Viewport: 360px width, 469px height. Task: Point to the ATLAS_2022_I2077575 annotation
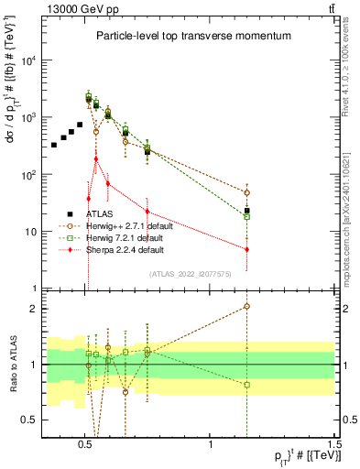[x=190, y=273]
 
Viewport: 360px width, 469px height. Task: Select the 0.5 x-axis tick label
[x=85, y=441]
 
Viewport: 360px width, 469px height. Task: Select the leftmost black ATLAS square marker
[x=54, y=145]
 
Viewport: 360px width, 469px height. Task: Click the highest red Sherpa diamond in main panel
[x=96, y=158]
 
